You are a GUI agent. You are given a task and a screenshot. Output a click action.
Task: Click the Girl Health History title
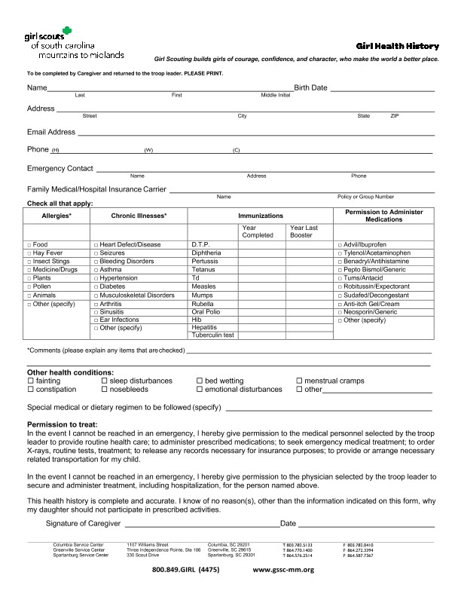398,46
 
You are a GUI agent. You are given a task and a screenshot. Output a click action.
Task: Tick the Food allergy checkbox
29,245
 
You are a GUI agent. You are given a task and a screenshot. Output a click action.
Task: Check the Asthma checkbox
96,270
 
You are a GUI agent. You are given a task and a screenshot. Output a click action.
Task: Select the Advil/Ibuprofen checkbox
338,245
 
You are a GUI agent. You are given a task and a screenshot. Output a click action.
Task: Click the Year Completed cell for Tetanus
261,269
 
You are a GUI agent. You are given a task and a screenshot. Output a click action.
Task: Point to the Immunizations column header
260,216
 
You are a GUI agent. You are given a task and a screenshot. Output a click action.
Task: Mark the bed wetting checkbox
200,381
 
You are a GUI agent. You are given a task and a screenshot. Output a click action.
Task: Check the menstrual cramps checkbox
299,381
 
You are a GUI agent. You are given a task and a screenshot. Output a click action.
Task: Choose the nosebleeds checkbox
105,390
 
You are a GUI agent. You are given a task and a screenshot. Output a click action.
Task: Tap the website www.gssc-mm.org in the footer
282,570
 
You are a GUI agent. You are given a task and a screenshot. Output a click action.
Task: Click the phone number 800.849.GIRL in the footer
185,570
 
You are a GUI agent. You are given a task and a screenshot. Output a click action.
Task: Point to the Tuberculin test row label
213,335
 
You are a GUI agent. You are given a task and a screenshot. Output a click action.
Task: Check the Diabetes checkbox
96,287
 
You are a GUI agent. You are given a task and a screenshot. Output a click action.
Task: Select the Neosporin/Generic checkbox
338,312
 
